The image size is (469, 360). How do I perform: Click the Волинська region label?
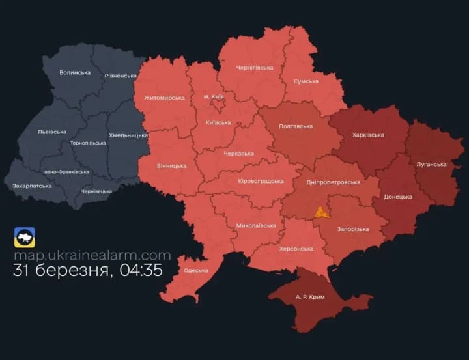point(75,72)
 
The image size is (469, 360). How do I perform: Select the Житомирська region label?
point(161,98)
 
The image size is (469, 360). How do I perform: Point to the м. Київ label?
point(214,96)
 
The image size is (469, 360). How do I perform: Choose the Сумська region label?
point(306,81)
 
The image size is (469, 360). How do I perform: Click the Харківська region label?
point(367,135)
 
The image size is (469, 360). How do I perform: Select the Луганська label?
point(431,164)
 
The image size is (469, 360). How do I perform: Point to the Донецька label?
point(398,196)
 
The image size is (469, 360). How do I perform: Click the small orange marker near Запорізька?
point(320,212)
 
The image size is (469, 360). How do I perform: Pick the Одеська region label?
point(196,270)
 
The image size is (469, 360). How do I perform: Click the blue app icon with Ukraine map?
point(25,238)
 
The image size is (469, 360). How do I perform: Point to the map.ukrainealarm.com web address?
point(92,256)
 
